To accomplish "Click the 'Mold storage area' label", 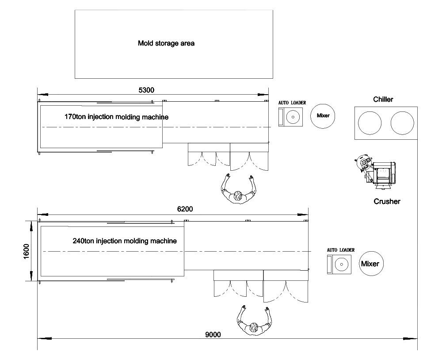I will click(x=166, y=43).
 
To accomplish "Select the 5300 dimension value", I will click(x=146, y=90).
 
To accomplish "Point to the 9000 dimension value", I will click(x=213, y=334).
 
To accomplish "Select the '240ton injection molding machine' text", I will click(x=125, y=241).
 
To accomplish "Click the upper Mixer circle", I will click(x=323, y=116).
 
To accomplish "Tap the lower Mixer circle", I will click(x=370, y=264).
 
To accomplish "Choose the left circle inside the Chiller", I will click(x=370, y=123).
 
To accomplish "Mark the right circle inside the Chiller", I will click(x=402, y=123).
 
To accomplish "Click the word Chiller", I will click(x=383, y=100).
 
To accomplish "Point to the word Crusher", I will click(x=387, y=201).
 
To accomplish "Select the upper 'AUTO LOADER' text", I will click(x=292, y=103).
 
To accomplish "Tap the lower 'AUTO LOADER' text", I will click(x=340, y=250).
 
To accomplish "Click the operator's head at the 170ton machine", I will click(x=239, y=196).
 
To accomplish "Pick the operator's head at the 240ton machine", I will click(x=254, y=327).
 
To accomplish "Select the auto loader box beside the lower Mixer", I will click(x=339, y=264).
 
